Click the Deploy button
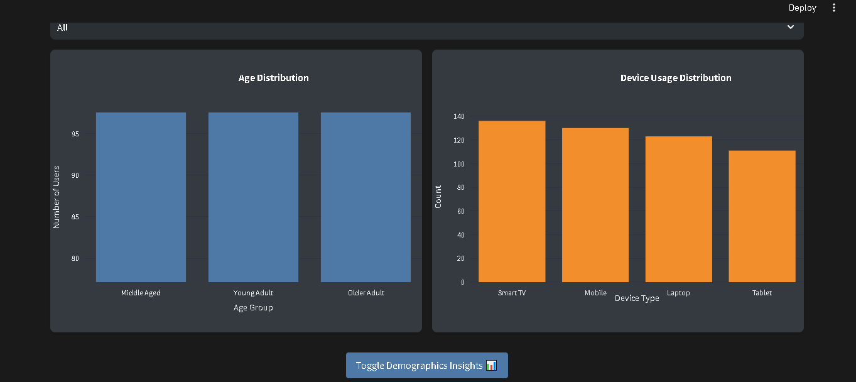click(x=802, y=8)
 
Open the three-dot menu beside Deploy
click(x=834, y=8)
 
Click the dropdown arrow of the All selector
click(x=790, y=28)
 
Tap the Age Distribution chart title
click(x=273, y=78)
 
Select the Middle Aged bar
click(x=141, y=197)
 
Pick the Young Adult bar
click(x=253, y=197)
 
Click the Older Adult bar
click(x=366, y=197)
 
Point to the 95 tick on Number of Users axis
click(x=75, y=134)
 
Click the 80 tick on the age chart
click(x=75, y=258)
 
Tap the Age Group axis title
click(x=253, y=308)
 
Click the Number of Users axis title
click(x=57, y=197)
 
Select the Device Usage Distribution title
click(x=676, y=78)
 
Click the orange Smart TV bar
click(x=512, y=201)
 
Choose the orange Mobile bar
click(x=595, y=205)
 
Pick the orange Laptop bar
click(x=678, y=209)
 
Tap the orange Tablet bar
click(x=762, y=216)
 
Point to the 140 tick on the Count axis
click(x=458, y=116)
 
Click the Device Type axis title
click(x=637, y=298)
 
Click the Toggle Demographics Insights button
click(x=426, y=366)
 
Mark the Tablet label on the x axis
click(x=762, y=293)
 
